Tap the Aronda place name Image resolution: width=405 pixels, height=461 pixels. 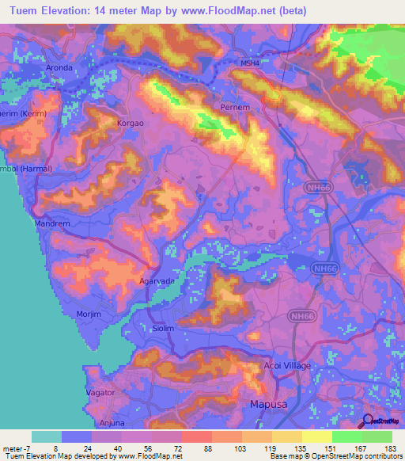[60, 68]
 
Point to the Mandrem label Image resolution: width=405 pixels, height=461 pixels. [53, 224]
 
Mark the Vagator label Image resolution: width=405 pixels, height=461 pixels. [100, 392]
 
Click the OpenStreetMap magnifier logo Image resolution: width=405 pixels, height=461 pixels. [369, 421]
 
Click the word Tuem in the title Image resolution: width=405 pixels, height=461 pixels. [24, 11]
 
